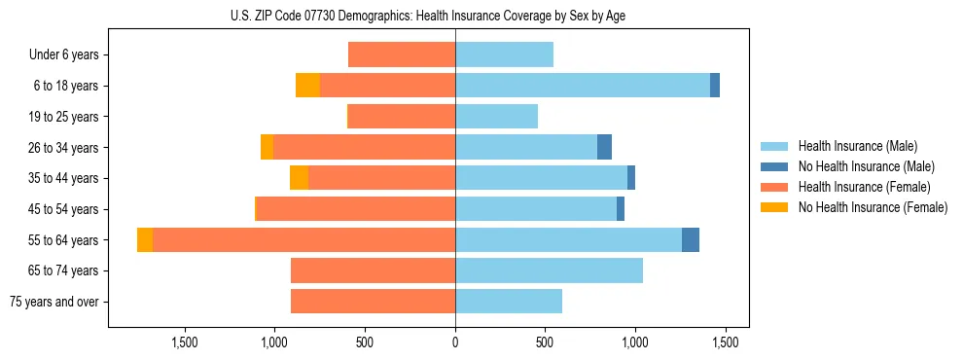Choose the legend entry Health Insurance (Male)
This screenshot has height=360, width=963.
tap(857, 146)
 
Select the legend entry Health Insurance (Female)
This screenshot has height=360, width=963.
tap(864, 187)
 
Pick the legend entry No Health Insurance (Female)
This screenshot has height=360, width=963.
tap(873, 207)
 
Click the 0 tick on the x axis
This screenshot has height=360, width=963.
tap(455, 342)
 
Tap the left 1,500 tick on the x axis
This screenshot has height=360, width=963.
tap(185, 342)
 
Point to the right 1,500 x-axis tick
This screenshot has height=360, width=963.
tap(725, 342)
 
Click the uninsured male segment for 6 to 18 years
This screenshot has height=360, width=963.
tap(715, 86)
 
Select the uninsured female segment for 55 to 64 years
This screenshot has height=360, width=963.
tap(145, 240)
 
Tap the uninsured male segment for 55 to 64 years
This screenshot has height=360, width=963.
tap(691, 240)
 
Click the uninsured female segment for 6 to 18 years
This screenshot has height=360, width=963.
tap(307, 86)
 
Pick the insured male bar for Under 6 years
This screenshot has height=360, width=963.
tap(504, 55)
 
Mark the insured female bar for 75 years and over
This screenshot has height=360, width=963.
tap(373, 302)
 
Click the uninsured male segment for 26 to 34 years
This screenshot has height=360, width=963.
tap(604, 148)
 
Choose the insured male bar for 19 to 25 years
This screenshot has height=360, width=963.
tap(496, 117)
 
